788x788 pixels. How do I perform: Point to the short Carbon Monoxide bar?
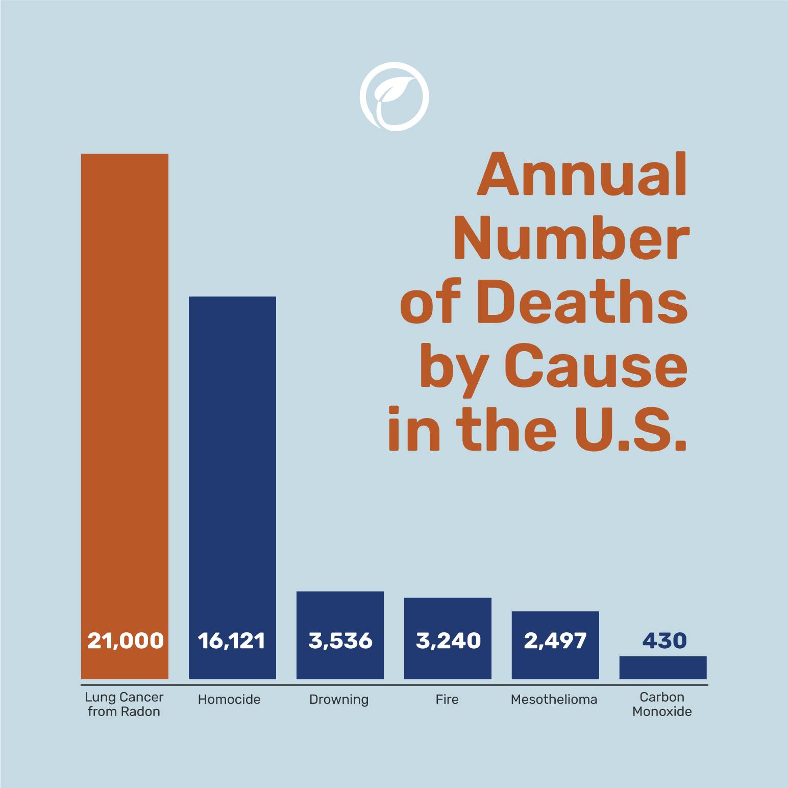click(x=663, y=668)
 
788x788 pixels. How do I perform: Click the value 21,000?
click(x=125, y=641)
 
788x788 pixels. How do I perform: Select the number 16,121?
click(x=232, y=641)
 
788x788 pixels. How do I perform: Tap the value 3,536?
click(x=340, y=641)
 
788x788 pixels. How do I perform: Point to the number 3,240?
click(x=448, y=641)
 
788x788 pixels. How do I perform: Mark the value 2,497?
click(x=555, y=641)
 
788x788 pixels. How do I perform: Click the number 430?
click(x=664, y=641)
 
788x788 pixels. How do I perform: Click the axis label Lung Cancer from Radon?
click(x=124, y=704)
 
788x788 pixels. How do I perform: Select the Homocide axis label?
click(x=229, y=699)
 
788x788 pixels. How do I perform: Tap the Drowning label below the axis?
click(x=339, y=699)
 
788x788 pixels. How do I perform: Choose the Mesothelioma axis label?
click(x=554, y=699)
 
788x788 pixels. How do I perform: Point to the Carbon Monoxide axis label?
click(x=662, y=704)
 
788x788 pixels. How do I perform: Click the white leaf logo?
click(x=394, y=97)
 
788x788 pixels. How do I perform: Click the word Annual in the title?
click(x=582, y=175)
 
